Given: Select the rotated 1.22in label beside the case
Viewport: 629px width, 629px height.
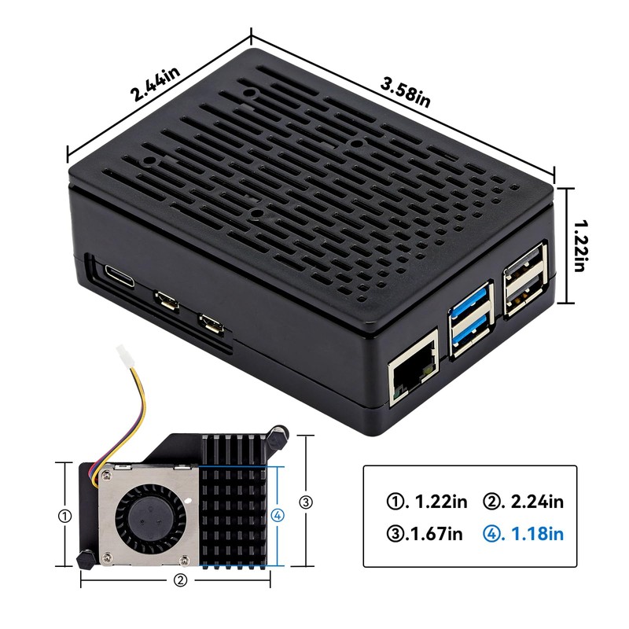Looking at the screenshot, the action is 580,245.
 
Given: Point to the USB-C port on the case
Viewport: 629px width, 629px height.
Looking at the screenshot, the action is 120,278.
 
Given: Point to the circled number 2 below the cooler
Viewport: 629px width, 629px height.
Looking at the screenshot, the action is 180,581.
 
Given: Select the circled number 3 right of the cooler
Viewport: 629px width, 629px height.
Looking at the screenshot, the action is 306,502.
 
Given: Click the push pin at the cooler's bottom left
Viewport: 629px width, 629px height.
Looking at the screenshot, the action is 83,559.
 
